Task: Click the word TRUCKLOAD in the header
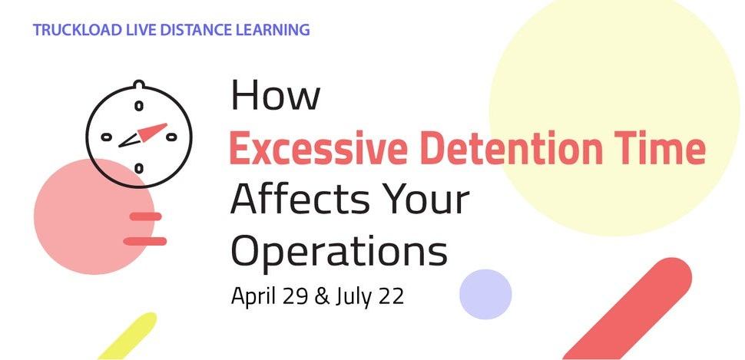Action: (x=77, y=30)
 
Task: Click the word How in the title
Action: (x=275, y=95)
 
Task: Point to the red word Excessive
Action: (x=318, y=148)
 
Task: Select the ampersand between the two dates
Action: (x=322, y=297)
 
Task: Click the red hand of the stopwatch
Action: (x=152, y=132)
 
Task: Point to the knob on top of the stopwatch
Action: (x=138, y=84)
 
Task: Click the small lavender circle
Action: (x=485, y=294)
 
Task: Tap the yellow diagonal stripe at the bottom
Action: (x=127, y=335)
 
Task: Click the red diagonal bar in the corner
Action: (x=627, y=309)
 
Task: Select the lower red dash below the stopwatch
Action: (x=145, y=241)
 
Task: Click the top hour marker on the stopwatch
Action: (x=139, y=106)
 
